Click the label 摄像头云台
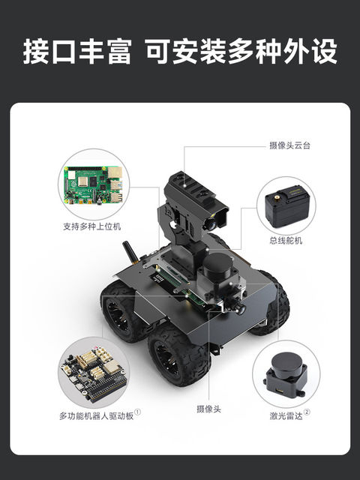pos(289,145)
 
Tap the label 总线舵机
pos(288,241)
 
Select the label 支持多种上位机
pos(93,225)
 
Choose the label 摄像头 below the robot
pos(208,409)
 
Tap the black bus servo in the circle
pos(287,207)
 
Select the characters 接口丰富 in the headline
pos(77,52)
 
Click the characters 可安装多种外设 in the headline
pos(241,52)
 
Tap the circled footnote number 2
pos(307,412)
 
